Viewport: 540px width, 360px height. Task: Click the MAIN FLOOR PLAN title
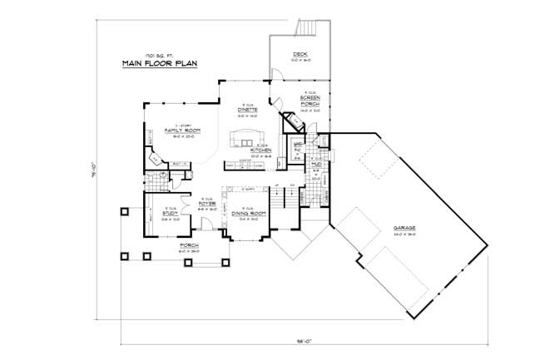tap(158, 64)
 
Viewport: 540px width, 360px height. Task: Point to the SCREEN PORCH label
tap(310, 101)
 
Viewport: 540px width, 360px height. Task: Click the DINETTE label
tap(246, 110)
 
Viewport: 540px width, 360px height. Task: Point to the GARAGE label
tap(404, 227)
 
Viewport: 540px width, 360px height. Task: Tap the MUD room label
tap(317, 165)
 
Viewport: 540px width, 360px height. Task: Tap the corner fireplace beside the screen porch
tap(292, 125)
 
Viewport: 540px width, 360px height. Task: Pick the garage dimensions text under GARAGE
tap(404, 234)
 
